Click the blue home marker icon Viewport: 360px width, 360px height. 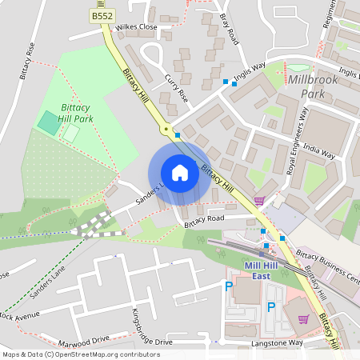[180, 173]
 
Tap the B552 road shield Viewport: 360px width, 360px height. [101, 15]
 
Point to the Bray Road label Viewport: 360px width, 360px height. [229, 28]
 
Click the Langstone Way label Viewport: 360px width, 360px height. [279, 342]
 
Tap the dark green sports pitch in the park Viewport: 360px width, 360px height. [48, 123]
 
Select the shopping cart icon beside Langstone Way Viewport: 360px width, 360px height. [302, 319]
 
